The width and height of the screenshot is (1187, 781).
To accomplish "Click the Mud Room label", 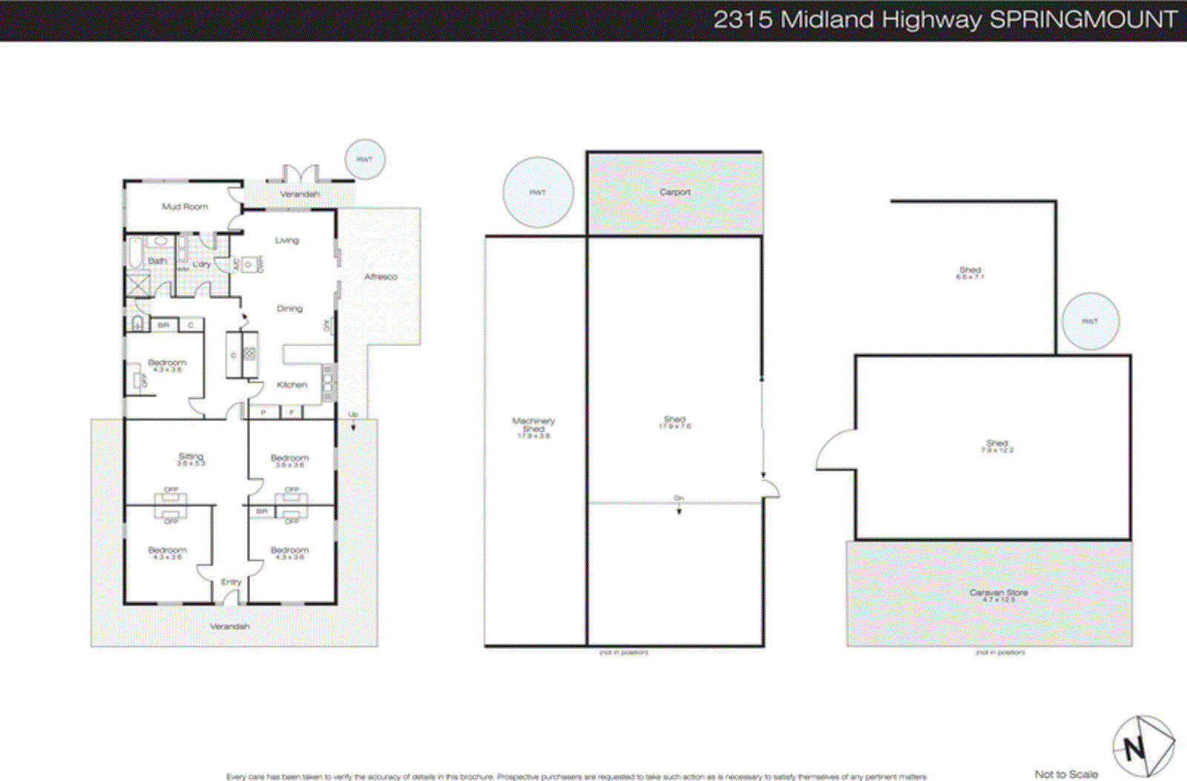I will (185, 206).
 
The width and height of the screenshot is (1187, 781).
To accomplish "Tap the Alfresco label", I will (381, 277).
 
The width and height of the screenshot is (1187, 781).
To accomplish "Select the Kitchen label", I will (292, 385).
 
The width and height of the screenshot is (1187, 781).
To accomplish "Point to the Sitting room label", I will (191, 457).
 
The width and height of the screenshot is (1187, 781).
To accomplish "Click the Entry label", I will (231, 582).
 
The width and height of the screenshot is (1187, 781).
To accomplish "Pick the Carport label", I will (674, 192).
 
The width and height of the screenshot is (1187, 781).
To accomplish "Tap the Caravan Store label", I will (998, 593).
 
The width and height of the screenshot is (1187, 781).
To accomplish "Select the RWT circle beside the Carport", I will (538, 192).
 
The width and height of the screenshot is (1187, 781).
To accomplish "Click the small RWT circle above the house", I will (365, 160).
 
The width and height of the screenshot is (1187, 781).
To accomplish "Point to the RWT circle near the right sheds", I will (1090, 321).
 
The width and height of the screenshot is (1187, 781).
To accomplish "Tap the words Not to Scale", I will (1066, 774).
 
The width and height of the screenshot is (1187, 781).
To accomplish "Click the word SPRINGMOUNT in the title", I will (1084, 19).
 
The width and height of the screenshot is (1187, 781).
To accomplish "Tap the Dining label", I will (289, 308).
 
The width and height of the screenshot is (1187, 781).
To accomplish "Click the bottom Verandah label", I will (229, 627).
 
